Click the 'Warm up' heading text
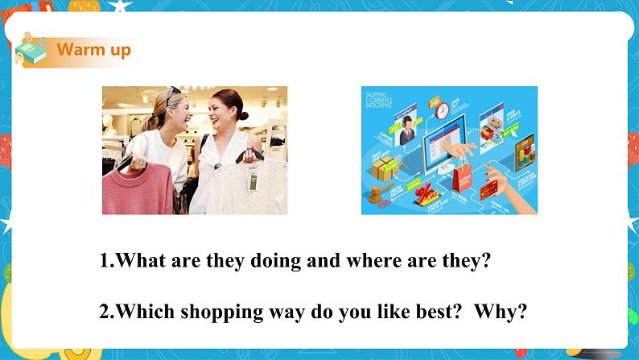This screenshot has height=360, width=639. (93, 50)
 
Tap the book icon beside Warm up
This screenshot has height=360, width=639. (32, 51)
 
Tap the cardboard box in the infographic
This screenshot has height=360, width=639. (384, 168)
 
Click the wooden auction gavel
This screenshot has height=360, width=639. (378, 196)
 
